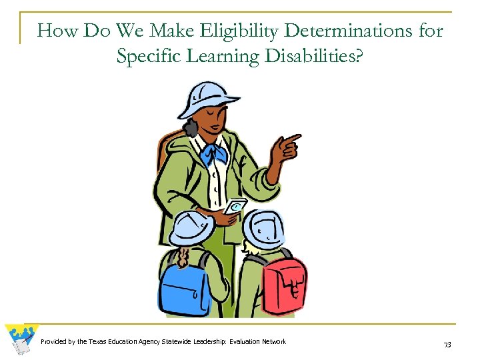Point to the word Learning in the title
click(x=228, y=57)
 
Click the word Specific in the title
click(x=147, y=57)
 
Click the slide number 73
click(x=447, y=344)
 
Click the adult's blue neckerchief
click(x=214, y=154)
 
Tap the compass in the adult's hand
click(x=235, y=207)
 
